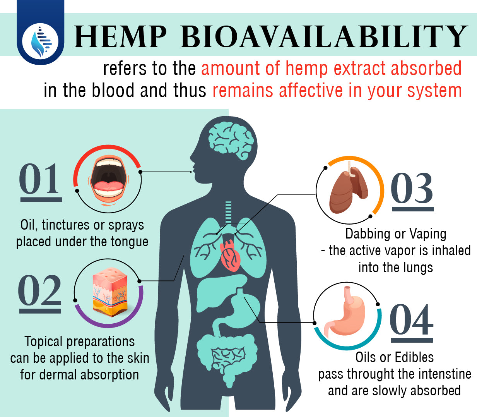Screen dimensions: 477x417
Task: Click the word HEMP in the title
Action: pos(120,37)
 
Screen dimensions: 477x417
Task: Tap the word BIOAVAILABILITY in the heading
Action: pos(324,37)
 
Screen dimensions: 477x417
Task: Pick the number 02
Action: pos(39,290)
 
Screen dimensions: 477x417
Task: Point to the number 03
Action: pos(412,188)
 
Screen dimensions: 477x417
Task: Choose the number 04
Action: pos(411,319)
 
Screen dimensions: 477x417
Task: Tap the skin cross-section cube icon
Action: pos(110,292)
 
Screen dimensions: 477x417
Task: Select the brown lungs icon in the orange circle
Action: pos(349,187)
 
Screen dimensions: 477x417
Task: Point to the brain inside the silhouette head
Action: pos(231,141)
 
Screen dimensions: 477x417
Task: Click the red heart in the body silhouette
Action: pos(230,256)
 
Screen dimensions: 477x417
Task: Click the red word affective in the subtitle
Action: pos(311,90)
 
